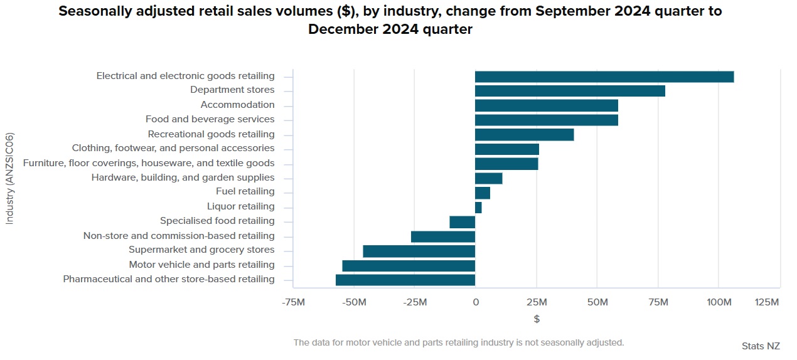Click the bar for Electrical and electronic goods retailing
point(604,77)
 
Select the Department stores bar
point(570,91)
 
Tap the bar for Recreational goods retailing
point(524,134)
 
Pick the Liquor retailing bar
point(478,207)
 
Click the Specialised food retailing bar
point(463,221)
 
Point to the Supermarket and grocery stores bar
point(419,251)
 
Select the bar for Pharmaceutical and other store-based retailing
point(405,280)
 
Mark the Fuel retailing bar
point(483,193)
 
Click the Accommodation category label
point(237,105)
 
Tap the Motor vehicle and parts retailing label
point(201,265)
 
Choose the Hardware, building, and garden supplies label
point(183,177)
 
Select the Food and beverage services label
point(210,119)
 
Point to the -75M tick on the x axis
point(294,302)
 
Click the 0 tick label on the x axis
point(475,302)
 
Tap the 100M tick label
point(719,302)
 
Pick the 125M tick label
point(767,302)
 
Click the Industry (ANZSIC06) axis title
point(9,178)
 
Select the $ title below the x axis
point(537,319)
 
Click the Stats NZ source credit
point(760,346)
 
